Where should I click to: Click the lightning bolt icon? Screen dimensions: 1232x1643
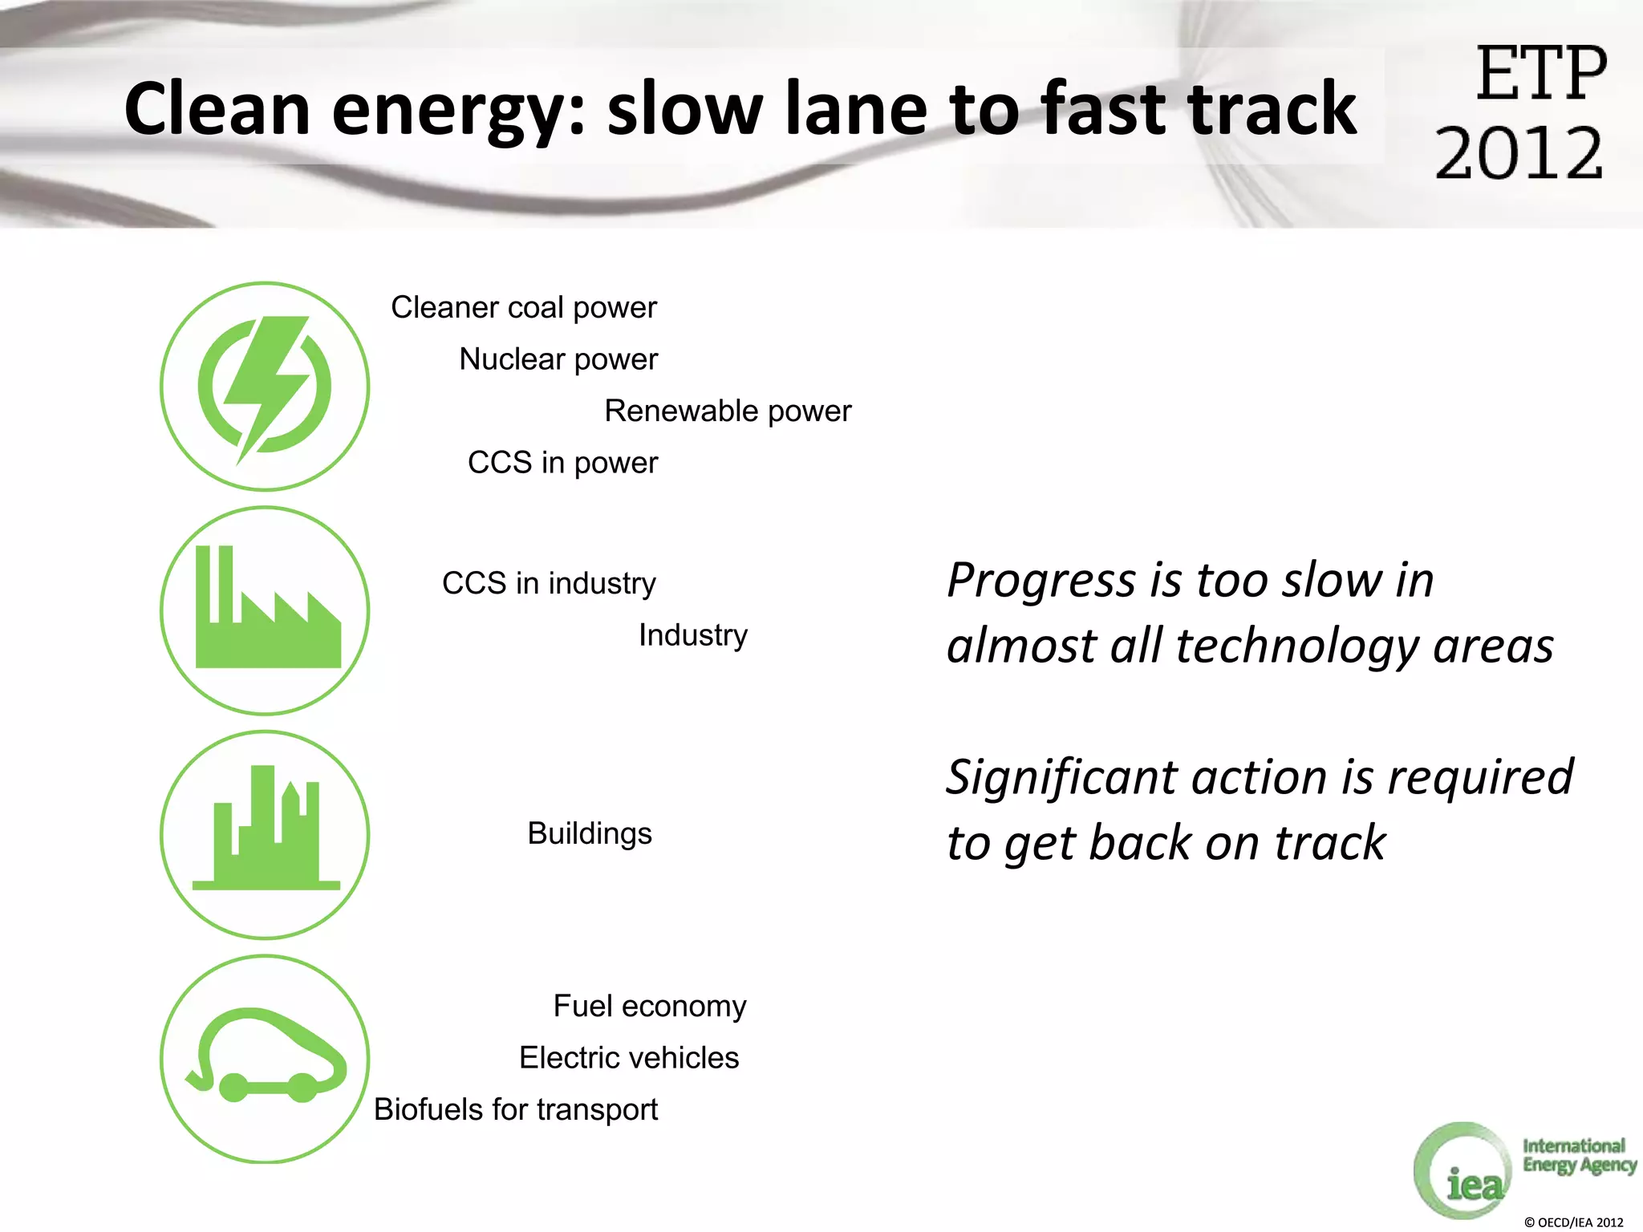click(265, 387)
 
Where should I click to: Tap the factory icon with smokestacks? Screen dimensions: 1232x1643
click(265, 610)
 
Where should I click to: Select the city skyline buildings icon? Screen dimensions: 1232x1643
click(265, 834)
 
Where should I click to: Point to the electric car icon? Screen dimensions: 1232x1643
click(265, 1059)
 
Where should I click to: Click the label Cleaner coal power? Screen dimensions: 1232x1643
click(524, 308)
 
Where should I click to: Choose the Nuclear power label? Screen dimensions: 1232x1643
click(558, 359)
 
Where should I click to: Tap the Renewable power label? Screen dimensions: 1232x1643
click(728, 411)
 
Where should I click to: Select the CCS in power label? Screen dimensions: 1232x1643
click(562, 463)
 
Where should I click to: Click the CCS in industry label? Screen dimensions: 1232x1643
click(549, 583)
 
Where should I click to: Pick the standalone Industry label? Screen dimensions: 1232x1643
click(693, 635)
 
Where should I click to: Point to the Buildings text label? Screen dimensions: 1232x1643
click(590, 834)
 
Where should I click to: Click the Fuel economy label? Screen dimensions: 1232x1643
click(650, 1007)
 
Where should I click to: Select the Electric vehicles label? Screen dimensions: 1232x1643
click(629, 1058)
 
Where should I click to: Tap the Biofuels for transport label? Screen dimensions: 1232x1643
click(516, 1110)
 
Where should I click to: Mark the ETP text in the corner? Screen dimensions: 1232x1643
click(1541, 74)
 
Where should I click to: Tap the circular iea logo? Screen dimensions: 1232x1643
click(1462, 1172)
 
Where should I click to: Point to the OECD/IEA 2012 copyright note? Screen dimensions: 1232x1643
click(1573, 1222)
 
